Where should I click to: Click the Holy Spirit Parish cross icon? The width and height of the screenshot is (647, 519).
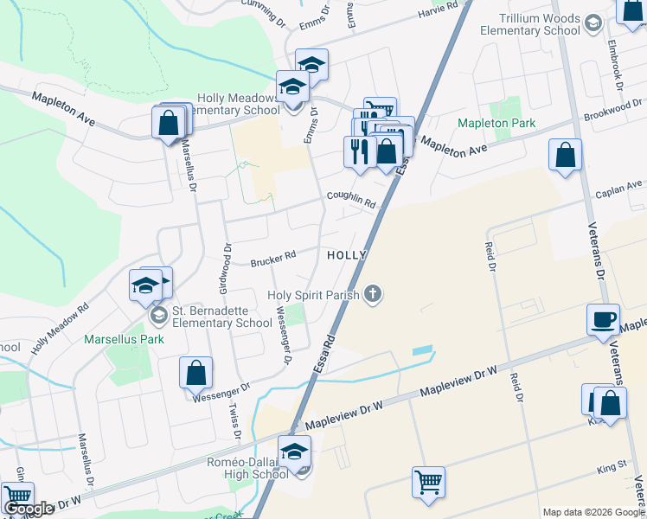[373, 295]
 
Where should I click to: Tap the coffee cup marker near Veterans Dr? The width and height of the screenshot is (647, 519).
[603, 319]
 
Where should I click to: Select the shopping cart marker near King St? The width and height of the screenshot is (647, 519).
[429, 483]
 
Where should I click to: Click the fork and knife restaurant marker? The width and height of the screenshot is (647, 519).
[359, 151]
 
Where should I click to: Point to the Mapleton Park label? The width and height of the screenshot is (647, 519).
[496, 124]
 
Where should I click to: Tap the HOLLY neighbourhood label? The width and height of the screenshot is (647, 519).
[347, 256]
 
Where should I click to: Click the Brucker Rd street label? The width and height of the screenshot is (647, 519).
[273, 258]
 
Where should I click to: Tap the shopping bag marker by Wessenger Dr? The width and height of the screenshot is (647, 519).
[196, 373]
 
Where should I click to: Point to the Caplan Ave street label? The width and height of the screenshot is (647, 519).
[622, 187]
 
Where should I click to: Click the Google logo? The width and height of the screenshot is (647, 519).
[29, 509]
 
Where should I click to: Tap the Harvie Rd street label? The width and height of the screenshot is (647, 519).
[437, 10]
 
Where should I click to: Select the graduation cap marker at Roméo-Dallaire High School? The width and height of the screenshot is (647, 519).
[294, 451]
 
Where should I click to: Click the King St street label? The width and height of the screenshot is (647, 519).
[612, 468]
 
